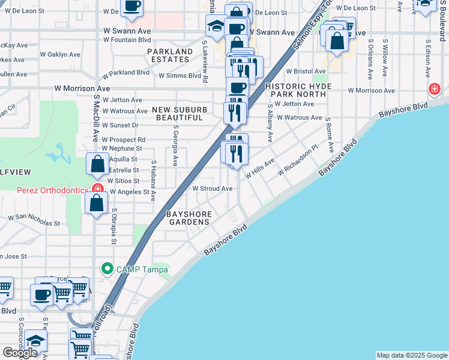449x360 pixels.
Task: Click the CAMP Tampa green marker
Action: [x=107, y=268]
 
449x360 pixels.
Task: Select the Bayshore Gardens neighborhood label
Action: [x=188, y=217]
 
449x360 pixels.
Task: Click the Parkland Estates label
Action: [x=171, y=55]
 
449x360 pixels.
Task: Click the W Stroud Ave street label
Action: [x=212, y=188]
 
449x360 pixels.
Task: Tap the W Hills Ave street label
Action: [x=260, y=169]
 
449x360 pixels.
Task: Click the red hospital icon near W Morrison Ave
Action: [x=433, y=90]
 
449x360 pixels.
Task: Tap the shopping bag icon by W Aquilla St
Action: [x=97, y=164]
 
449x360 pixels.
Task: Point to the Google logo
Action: [x=20, y=353]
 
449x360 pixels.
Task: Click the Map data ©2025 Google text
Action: [x=411, y=355]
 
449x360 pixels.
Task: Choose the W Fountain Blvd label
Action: [x=127, y=40]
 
